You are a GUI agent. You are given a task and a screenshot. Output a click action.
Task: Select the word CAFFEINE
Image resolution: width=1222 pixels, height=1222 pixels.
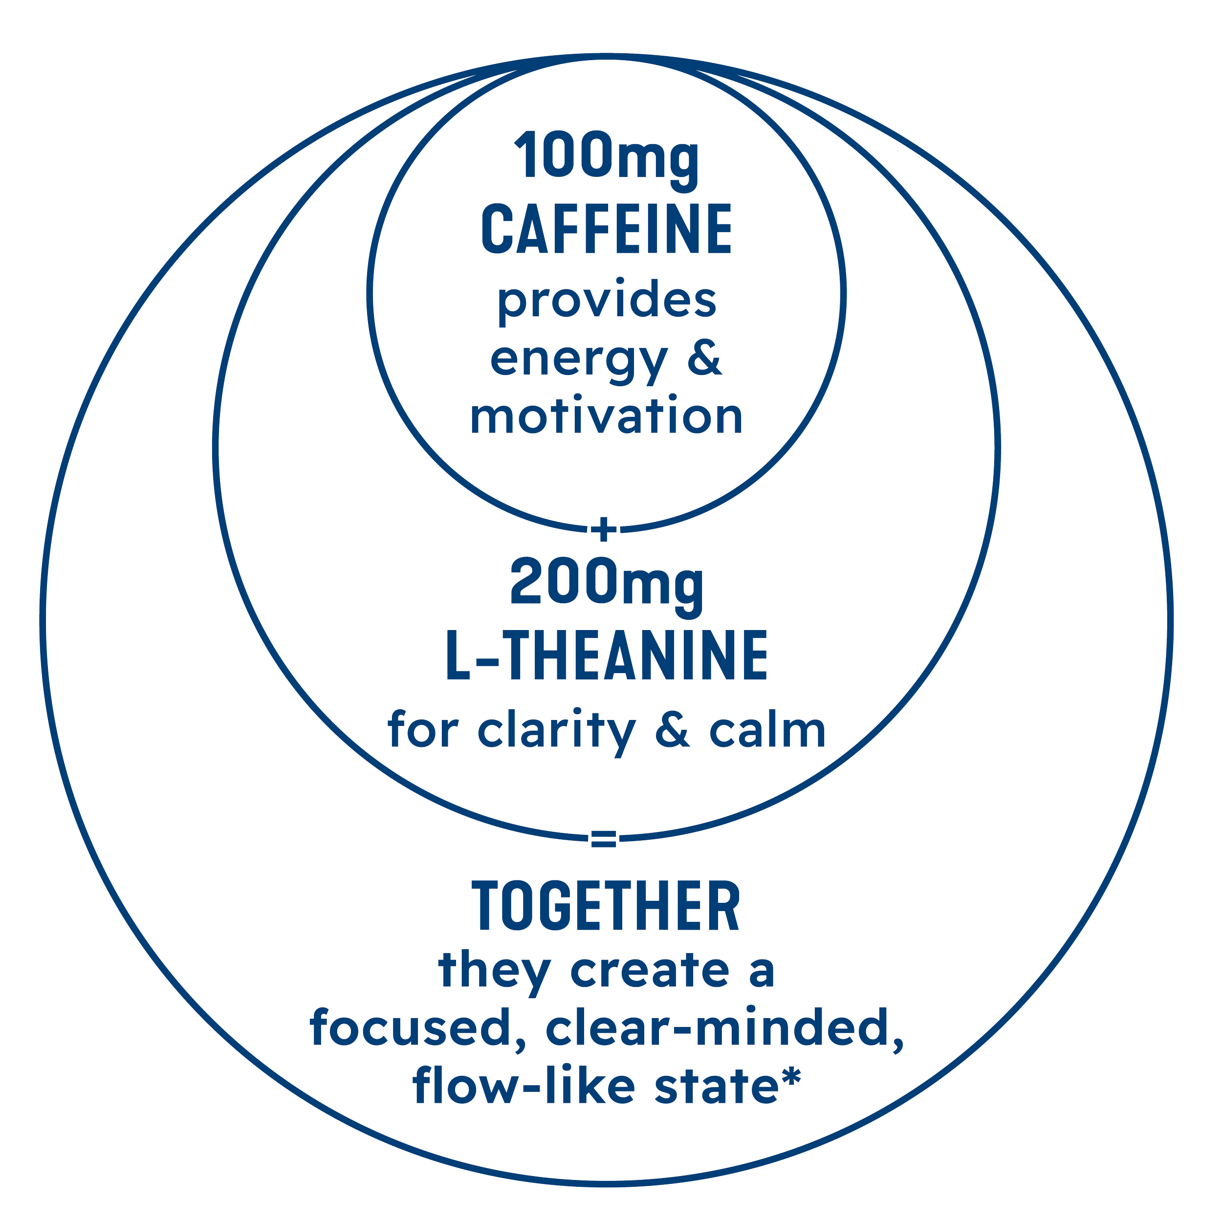click(607, 228)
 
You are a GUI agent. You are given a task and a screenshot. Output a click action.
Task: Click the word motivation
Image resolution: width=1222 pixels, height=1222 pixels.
click(607, 417)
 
